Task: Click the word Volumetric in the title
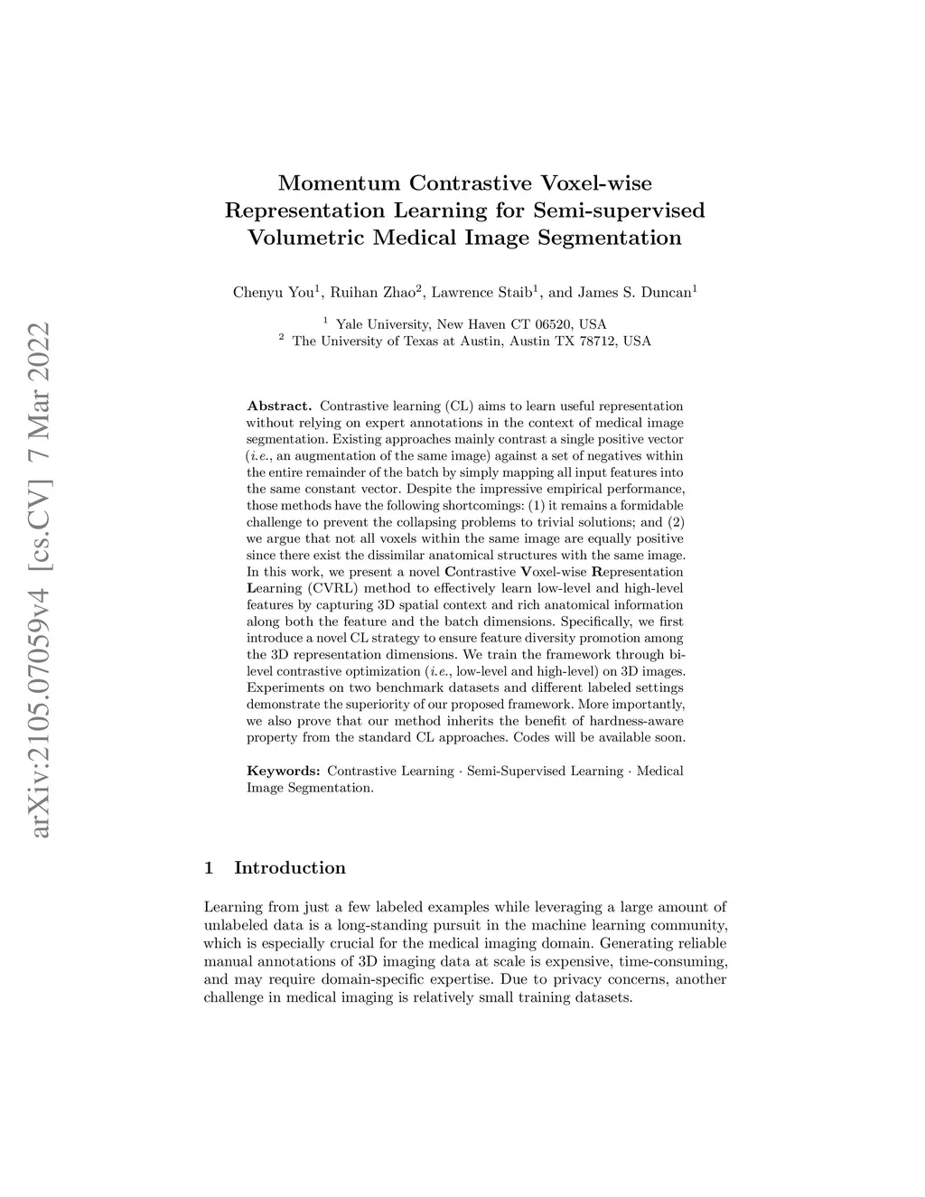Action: (301, 238)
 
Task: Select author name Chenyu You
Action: (271, 292)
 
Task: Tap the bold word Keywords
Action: (284, 772)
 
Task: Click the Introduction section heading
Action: (290, 868)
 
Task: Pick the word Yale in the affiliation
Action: (350, 324)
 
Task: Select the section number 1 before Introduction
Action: (210, 868)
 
